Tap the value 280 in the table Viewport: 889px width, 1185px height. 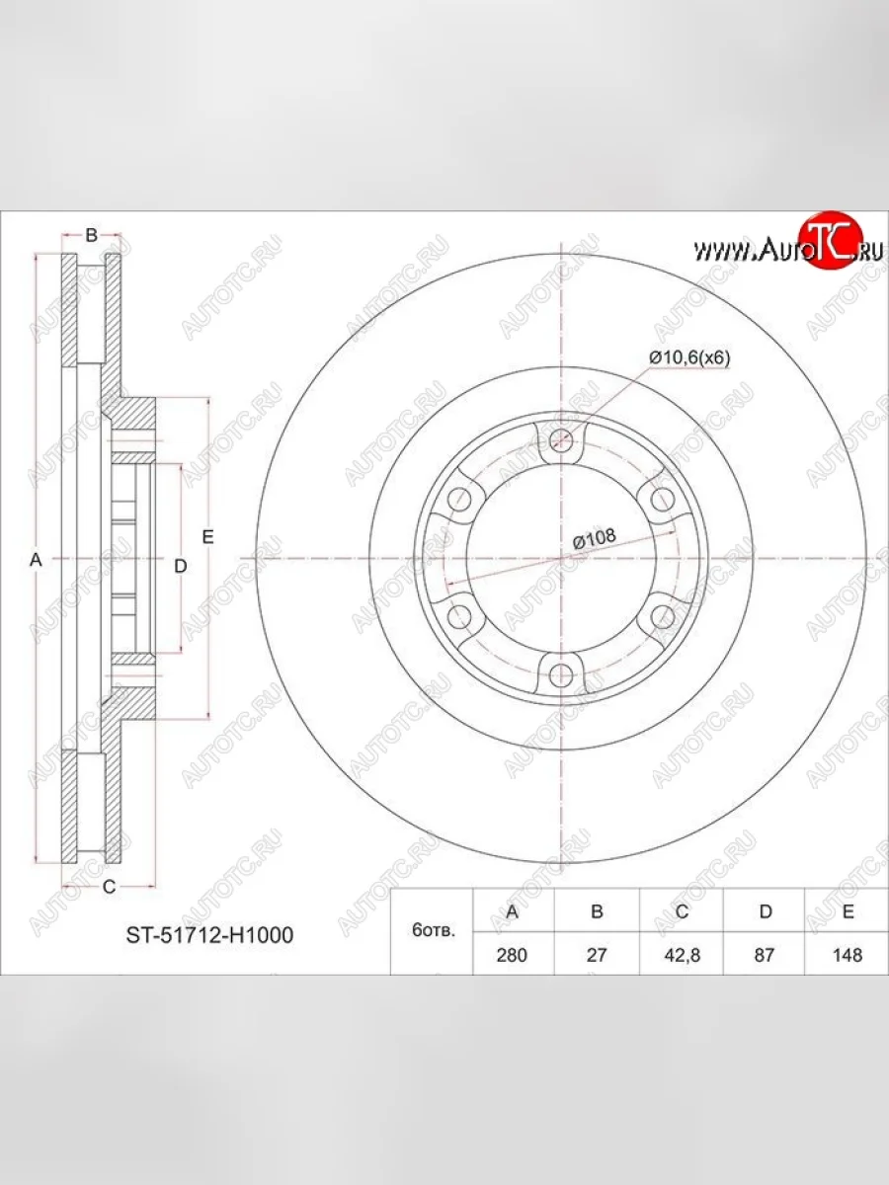click(x=513, y=955)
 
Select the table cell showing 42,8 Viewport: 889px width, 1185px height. click(x=682, y=955)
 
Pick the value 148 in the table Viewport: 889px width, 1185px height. click(x=847, y=955)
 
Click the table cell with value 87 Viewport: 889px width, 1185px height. click(x=765, y=955)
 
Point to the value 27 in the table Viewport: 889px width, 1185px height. click(x=597, y=955)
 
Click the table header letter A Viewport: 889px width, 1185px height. click(x=513, y=911)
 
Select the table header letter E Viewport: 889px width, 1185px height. click(x=847, y=911)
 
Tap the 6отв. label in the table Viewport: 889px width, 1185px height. click(x=433, y=932)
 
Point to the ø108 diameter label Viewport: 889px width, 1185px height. click(x=595, y=538)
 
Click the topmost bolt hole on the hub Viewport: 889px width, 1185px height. click(x=561, y=441)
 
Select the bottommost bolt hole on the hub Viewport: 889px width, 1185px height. click(x=561, y=675)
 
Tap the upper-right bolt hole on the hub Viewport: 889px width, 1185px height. click(x=662, y=500)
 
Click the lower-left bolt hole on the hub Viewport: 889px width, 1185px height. click(x=460, y=617)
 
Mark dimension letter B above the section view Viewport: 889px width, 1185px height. click(x=90, y=235)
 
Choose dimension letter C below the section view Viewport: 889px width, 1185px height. click(x=109, y=887)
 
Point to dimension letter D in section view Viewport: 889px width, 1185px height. click(x=180, y=566)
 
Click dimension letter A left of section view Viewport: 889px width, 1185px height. click(x=36, y=560)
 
